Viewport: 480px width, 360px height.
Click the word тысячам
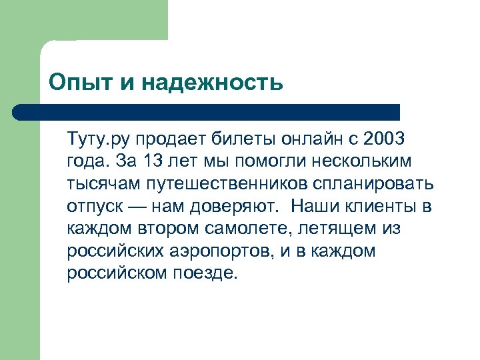(x=98, y=184)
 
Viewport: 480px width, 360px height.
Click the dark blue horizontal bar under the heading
(x=207, y=112)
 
